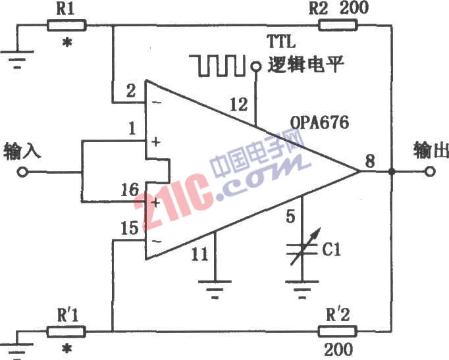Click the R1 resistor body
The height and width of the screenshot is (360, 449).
coord(66,25)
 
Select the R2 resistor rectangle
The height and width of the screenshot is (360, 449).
coord(338,25)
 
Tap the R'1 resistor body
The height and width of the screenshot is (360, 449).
coord(66,332)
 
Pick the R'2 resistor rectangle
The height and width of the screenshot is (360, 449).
coord(338,332)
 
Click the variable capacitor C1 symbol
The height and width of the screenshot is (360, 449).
coord(303,248)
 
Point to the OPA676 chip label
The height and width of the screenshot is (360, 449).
coord(319,123)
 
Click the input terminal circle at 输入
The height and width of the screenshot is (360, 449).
coord(22,172)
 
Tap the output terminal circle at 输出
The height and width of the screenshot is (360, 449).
coord(430,172)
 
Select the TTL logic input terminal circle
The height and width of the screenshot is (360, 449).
coord(255,66)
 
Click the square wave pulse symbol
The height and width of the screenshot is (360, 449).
coord(218,66)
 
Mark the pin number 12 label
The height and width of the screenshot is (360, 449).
coord(238,105)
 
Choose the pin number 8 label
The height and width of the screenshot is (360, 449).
coord(370,161)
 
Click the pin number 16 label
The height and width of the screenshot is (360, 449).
coord(130,190)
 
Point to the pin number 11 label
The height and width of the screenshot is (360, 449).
coord(199,254)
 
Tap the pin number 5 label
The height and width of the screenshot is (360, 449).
coord(290,217)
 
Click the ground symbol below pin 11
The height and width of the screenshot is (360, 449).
coord(215,289)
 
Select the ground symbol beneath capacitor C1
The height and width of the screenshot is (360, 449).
coord(302,290)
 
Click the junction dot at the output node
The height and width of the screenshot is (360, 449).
coord(392,172)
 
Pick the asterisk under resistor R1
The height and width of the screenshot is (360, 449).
coord(67,43)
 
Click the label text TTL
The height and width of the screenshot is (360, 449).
coord(281,42)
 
